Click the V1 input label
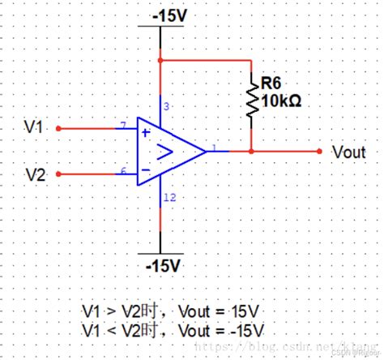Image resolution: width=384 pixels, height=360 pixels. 34,127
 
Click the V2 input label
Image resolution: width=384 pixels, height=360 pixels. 34,174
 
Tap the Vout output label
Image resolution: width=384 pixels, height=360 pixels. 350,152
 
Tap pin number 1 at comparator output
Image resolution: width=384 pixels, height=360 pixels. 212,147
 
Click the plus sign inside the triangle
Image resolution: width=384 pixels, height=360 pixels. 146,131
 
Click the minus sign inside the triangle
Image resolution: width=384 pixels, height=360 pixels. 146,170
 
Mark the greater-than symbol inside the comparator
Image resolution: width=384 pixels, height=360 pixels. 164,151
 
